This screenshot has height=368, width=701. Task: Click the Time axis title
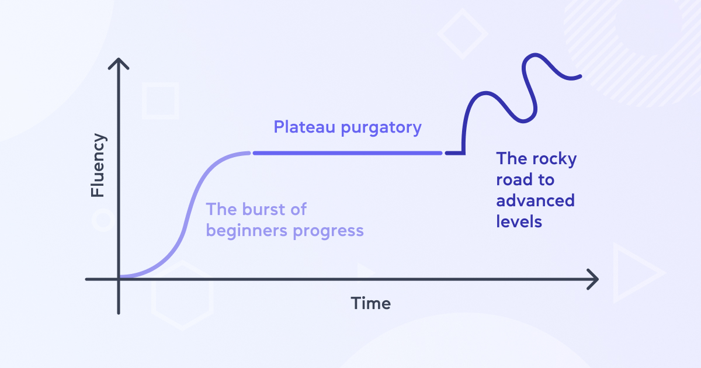tap(370, 303)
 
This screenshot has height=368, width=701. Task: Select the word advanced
tap(535, 201)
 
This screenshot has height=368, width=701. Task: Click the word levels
tap(519, 222)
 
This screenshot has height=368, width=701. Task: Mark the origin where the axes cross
tap(119, 279)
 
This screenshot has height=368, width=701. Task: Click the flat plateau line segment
tap(348, 153)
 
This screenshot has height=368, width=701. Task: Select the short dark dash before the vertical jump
tap(452, 153)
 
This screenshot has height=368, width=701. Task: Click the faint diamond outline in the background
tap(463, 34)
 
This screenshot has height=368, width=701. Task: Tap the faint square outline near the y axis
tap(160, 101)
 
